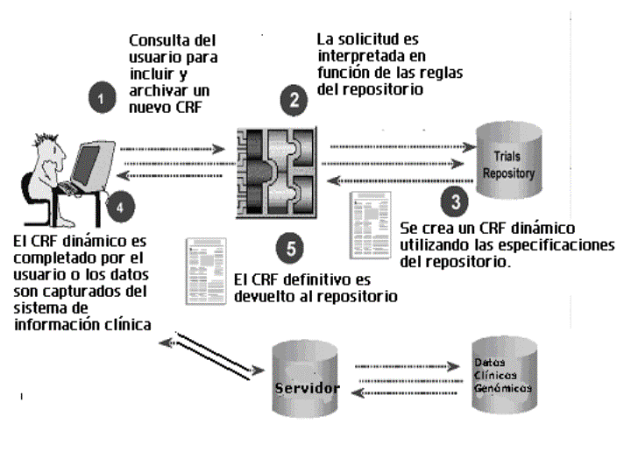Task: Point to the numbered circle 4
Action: click(x=121, y=208)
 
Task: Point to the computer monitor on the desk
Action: click(x=91, y=162)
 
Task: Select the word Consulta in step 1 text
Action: click(x=160, y=41)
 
